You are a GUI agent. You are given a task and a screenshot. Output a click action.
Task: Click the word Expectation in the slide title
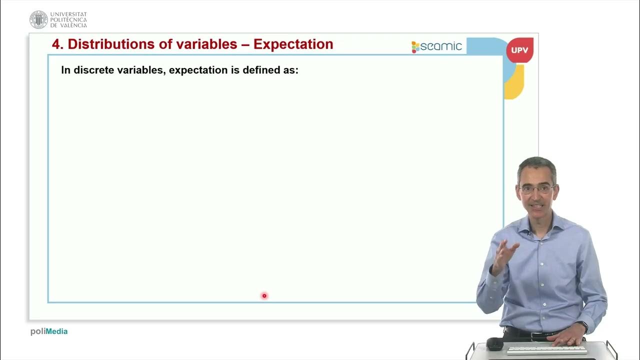[x=293, y=44]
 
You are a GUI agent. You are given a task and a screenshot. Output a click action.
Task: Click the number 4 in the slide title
[x=56, y=44]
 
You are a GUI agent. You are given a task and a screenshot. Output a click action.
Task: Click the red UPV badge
[x=519, y=50]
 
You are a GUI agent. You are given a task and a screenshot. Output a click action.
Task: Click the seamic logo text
[x=441, y=46]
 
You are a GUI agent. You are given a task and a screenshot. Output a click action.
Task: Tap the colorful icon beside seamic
[x=415, y=47]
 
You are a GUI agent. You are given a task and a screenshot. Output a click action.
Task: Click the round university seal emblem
[x=38, y=19]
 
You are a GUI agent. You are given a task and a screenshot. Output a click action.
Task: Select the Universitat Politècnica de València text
[x=68, y=20]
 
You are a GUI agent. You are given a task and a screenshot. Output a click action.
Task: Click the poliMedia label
[x=49, y=331]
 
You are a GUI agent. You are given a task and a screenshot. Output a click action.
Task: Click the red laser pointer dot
[x=264, y=296]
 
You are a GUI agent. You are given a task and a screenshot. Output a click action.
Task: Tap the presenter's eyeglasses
[x=536, y=189]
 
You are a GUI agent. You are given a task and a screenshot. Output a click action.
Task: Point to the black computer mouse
[x=494, y=343]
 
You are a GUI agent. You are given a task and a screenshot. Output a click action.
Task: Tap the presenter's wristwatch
[x=584, y=326]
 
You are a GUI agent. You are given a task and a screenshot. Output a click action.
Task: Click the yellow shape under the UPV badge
[x=515, y=85]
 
